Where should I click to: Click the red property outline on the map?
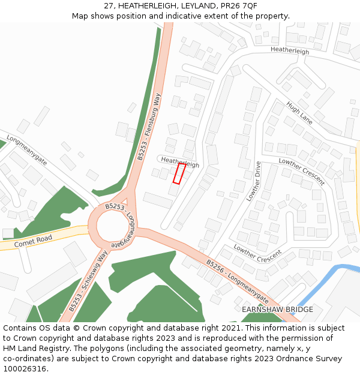coord(179,173)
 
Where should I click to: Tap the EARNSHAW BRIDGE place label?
coord(277,310)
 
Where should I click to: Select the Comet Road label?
coord(34,241)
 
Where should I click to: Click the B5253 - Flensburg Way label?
coord(149,127)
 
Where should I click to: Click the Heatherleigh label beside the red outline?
coord(180,162)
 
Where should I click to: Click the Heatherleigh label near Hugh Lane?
coord(290,51)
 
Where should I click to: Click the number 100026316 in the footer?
coord(25,369)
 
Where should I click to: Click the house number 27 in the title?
coord(108,5)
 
